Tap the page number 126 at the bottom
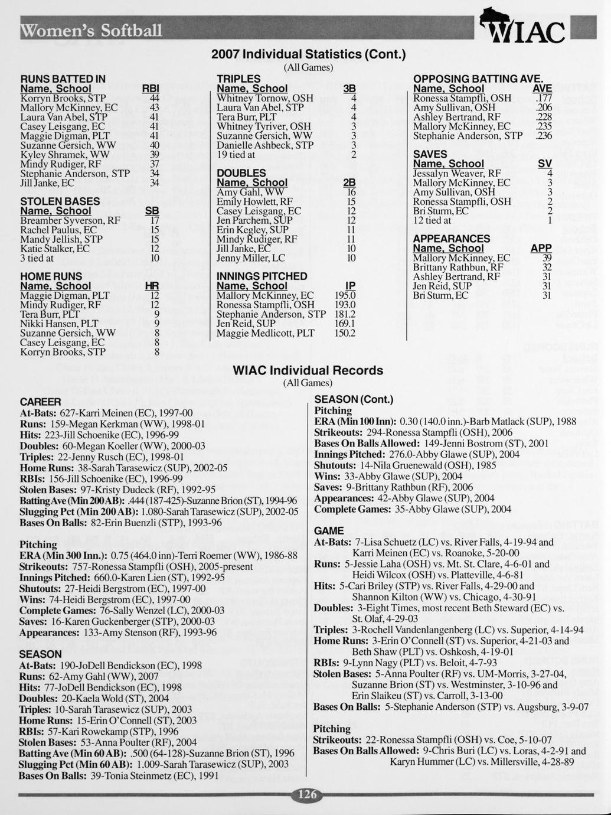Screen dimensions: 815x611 click(307, 794)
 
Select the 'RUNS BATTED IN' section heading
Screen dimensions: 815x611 click(63, 79)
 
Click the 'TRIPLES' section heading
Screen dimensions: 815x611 click(238, 79)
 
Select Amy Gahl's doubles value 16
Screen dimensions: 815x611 click(351, 192)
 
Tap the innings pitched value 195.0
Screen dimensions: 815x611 click(345, 295)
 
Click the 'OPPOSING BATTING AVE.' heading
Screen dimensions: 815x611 click(478, 79)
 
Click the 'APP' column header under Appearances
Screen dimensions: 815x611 click(541, 249)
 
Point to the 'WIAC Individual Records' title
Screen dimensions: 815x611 click(308, 370)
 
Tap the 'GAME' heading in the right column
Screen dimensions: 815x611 click(329, 530)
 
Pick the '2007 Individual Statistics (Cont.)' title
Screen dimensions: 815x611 click(309, 54)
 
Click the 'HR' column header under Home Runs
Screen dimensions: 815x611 click(152, 286)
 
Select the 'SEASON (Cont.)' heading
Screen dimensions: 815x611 click(354, 399)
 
